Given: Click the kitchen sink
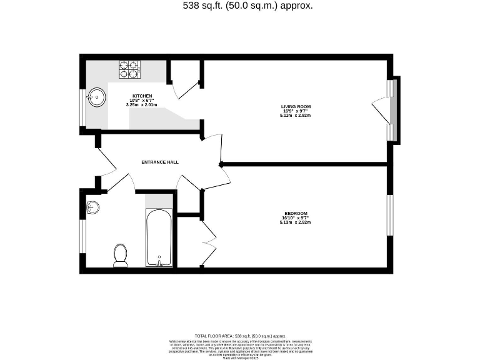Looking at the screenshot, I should click(x=96, y=97).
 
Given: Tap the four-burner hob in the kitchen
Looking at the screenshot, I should click(x=129, y=69).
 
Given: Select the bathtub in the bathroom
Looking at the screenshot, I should click(x=159, y=237).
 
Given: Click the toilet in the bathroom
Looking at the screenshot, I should click(x=121, y=255).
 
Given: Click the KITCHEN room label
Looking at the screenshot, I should click(x=141, y=96).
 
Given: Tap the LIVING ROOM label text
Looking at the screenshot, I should click(x=295, y=106).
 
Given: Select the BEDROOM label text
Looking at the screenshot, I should click(x=296, y=213).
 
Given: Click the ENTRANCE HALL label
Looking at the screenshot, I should click(x=160, y=162).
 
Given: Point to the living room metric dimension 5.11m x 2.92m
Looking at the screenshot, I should click(x=295, y=116).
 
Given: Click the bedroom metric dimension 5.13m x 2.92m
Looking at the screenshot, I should click(x=296, y=222).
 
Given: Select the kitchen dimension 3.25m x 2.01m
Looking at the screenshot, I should click(x=141, y=105).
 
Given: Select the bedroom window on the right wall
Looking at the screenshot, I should click(x=390, y=216).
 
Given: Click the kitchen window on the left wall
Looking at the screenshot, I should click(x=82, y=107).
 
